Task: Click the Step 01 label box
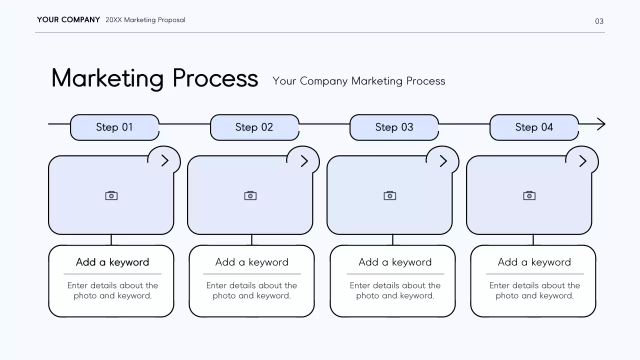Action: [114, 127]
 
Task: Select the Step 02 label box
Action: [254, 127]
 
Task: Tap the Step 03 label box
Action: [394, 127]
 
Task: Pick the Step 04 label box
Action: [534, 127]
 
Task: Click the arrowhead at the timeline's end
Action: [601, 124]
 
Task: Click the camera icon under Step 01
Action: [111, 195]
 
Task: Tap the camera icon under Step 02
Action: [250, 195]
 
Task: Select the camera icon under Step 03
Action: [390, 195]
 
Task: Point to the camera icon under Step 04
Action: [529, 195]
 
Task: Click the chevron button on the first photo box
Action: [164, 160]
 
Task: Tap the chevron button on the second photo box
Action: [304, 160]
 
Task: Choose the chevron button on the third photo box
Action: [443, 160]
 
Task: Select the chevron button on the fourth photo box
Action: [582, 160]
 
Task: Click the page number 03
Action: [599, 21]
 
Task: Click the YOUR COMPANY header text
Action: [68, 20]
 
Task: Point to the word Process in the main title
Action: [215, 78]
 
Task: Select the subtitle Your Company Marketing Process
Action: [358, 81]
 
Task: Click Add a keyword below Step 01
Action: [112, 262]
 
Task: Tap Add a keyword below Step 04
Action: [534, 262]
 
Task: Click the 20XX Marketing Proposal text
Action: [145, 20]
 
